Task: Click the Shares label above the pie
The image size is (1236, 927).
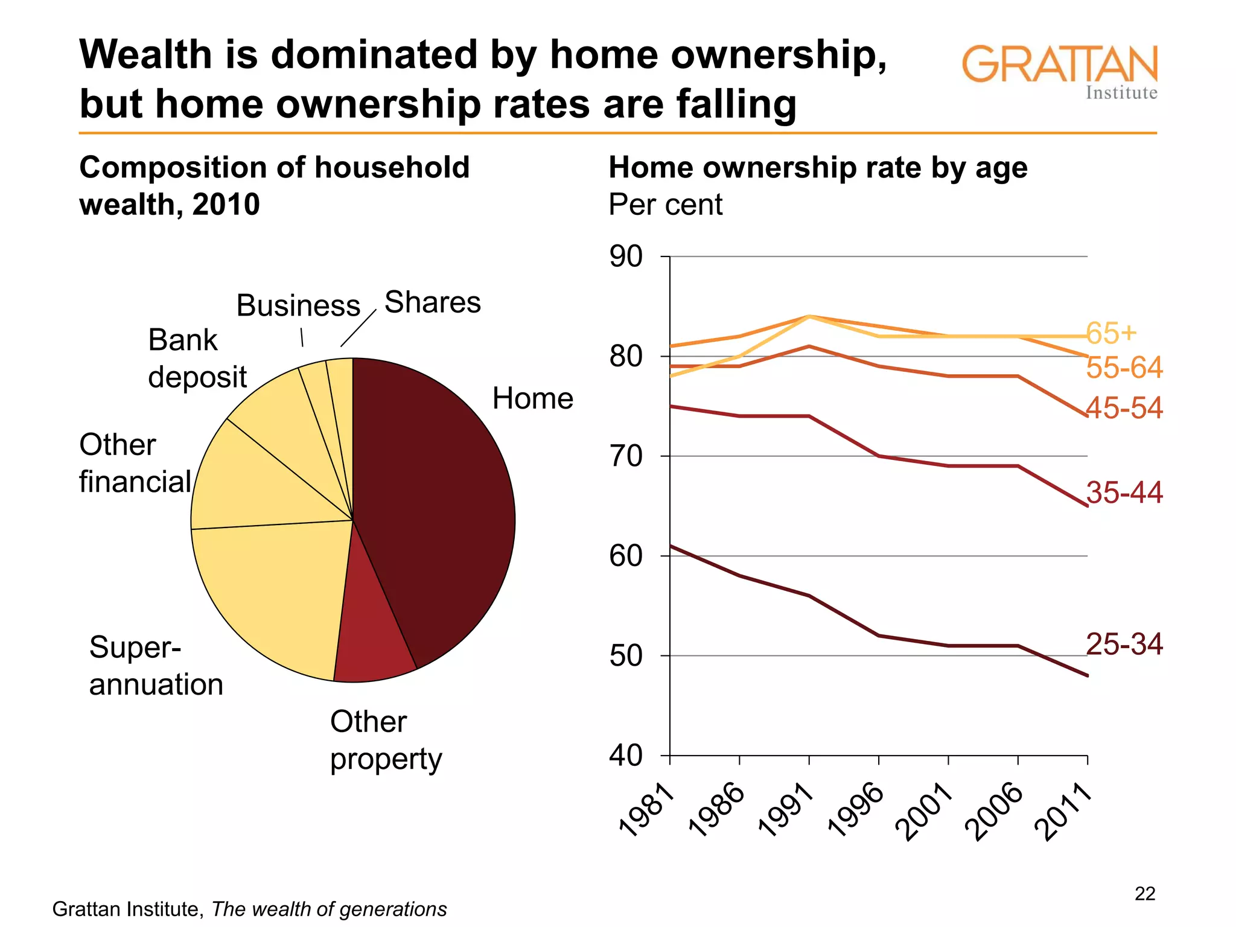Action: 432,302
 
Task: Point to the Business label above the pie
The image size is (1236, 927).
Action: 298,305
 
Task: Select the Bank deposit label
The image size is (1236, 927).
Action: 197,358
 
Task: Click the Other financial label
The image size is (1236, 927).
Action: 135,463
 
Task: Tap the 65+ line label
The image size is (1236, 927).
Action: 1111,332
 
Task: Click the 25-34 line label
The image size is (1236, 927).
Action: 1124,644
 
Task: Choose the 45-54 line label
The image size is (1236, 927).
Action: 1124,408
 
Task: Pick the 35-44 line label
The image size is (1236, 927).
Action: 1124,492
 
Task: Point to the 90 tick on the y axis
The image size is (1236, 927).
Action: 626,256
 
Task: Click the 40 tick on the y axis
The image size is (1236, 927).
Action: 626,756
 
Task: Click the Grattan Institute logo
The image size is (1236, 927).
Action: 1060,71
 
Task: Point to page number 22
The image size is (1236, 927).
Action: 1145,893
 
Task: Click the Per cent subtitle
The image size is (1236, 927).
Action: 665,205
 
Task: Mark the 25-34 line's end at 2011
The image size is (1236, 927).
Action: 1087,675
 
